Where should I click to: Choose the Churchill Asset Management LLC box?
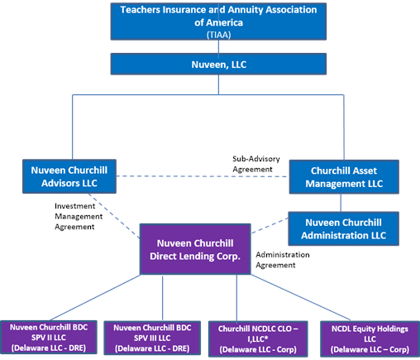(343, 175)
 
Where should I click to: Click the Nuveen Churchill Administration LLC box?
(343, 228)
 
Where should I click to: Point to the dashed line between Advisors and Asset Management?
(207, 175)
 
